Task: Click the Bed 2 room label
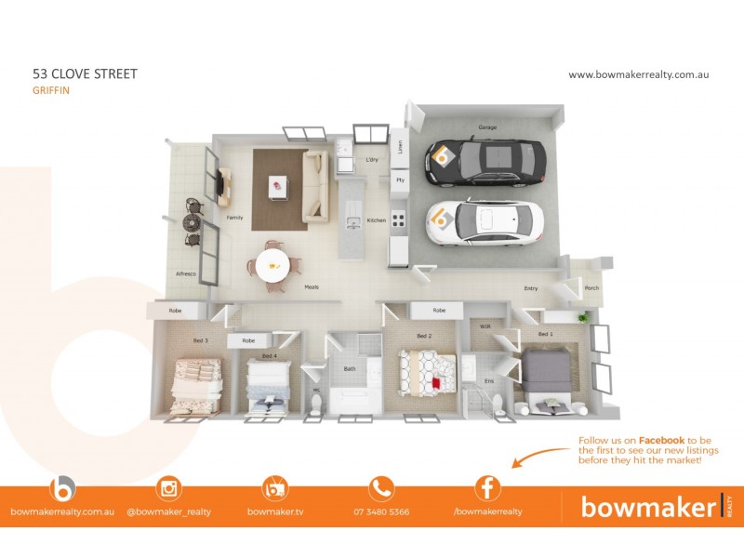[x=424, y=336]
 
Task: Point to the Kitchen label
[x=376, y=220]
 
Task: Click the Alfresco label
[x=186, y=273]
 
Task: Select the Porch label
[x=591, y=288]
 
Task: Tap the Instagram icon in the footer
[x=169, y=488]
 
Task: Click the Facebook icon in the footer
[x=487, y=488]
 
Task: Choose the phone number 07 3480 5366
[x=381, y=511]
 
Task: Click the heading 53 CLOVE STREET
[x=85, y=74]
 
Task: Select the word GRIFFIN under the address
[x=51, y=91]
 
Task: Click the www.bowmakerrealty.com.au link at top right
[x=638, y=74]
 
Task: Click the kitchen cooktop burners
[x=398, y=220]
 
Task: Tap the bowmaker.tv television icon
[x=276, y=488]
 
